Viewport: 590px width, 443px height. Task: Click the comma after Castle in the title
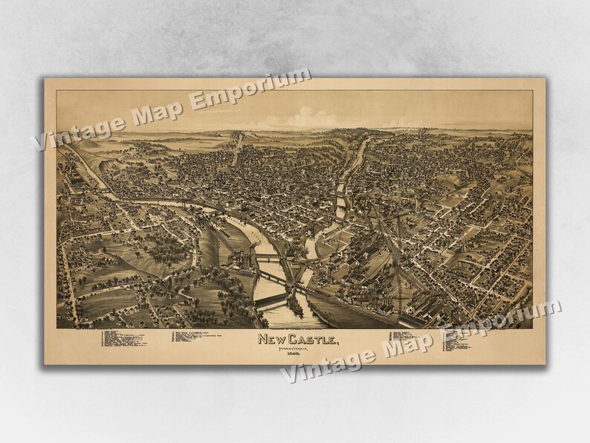(338, 343)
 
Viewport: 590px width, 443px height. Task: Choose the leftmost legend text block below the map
(123, 338)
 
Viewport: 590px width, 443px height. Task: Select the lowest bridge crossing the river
(273, 296)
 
